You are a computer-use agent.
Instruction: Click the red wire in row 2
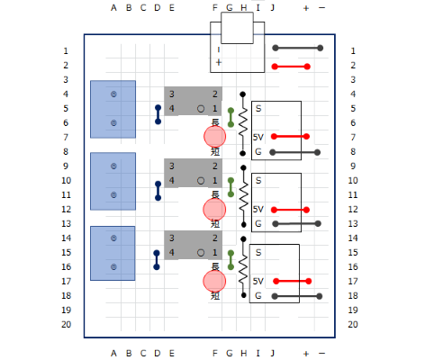point(291,67)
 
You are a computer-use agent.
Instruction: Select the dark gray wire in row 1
point(298,48)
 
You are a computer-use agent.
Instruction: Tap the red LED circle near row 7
point(214,137)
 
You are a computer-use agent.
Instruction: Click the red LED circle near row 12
point(214,209)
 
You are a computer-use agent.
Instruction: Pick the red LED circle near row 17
point(214,281)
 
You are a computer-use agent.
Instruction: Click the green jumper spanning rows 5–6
point(231,118)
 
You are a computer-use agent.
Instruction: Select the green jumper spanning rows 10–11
point(231,187)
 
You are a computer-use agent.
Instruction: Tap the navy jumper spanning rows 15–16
point(157,260)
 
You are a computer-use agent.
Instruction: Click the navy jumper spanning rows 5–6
point(158,114)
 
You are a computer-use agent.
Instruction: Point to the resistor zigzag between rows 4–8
point(243,123)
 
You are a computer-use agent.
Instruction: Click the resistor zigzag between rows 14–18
point(243,267)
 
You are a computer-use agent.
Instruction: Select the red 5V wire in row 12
point(290,210)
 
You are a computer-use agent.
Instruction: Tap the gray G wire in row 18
point(297,296)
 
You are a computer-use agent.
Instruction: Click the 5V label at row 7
point(258,138)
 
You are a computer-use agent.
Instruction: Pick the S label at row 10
point(258,181)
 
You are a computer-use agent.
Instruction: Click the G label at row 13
point(258,224)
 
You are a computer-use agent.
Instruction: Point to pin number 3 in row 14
point(172,238)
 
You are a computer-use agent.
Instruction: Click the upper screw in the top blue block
point(113,94)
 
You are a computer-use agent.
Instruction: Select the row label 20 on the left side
point(67,325)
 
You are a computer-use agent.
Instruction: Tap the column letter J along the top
point(273,8)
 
